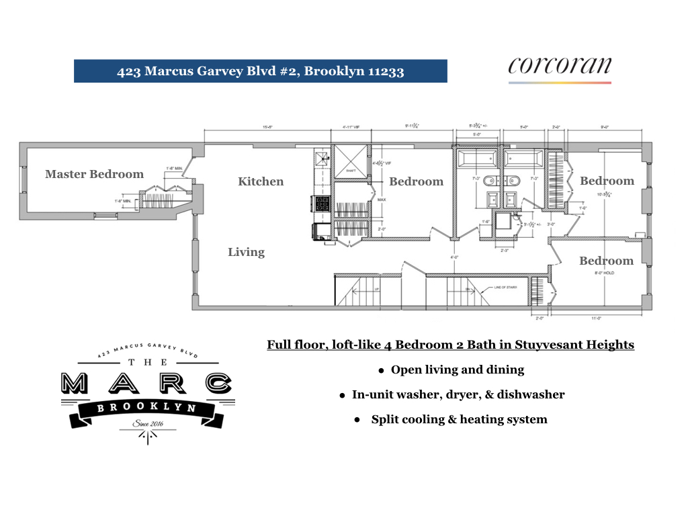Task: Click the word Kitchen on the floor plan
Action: tap(261, 181)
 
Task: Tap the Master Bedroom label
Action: tap(94, 174)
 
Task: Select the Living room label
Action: tap(246, 252)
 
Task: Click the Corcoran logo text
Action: tap(559, 66)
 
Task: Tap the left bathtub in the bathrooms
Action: tap(478, 159)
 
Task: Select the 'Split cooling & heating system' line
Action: tap(459, 419)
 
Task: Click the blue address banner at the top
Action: tap(261, 71)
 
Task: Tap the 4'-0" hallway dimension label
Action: tap(454, 257)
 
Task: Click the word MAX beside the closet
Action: tap(382, 200)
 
